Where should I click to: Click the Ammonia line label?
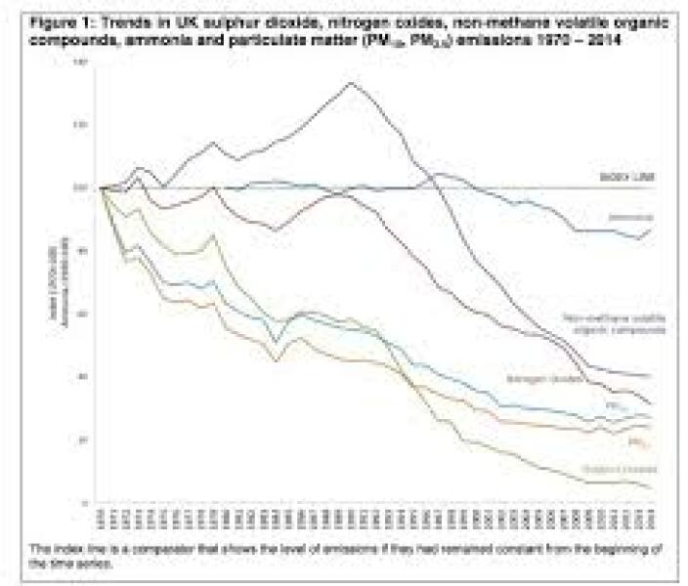pyautogui.click(x=630, y=217)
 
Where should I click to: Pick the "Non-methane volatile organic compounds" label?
pyautogui.click(x=614, y=322)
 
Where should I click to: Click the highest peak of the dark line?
pyautogui.click(x=351, y=83)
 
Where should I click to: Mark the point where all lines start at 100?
pyautogui.click(x=101, y=187)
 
